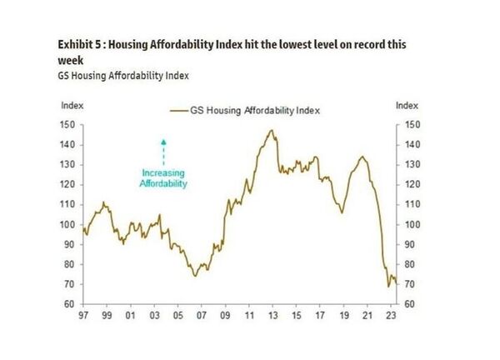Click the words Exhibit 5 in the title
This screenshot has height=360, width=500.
[81, 44]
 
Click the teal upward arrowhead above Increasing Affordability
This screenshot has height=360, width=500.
[164, 142]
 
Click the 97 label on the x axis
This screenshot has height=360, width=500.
[82, 317]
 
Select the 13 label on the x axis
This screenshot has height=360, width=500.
[272, 317]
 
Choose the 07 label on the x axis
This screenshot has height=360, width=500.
[201, 317]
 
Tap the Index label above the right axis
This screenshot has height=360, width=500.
[406, 105]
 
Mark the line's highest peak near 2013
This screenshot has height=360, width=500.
[272, 130]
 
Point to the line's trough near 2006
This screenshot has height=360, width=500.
[195, 275]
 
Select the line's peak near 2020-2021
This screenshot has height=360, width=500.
[362, 156]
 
